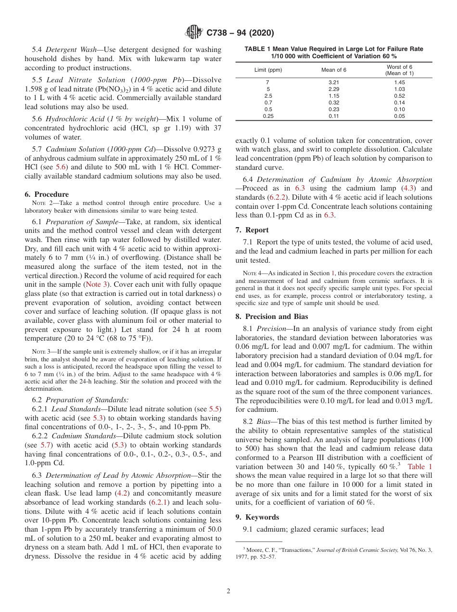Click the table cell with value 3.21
pyautogui.click(x=333, y=83)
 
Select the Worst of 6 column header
pyautogui.click(x=399, y=70)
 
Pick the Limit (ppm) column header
pyautogui.click(x=268, y=70)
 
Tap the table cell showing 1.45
pyautogui.click(x=399, y=83)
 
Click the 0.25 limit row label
pyautogui.click(x=268, y=116)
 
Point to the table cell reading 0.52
pyautogui.click(x=399, y=96)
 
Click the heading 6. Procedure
pyautogui.click(x=47, y=194)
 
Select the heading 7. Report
pyautogui.click(x=252, y=230)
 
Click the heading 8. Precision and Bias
pyautogui.click(x=272, y=317)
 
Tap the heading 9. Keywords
pyautogui.click(x=257, y=517)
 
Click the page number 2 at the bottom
pyautogui.click(x=228, y=591)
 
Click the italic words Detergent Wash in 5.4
pyautogui.click(x=69, y=50)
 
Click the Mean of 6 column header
pyautogui.click(x=333, y=70)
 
